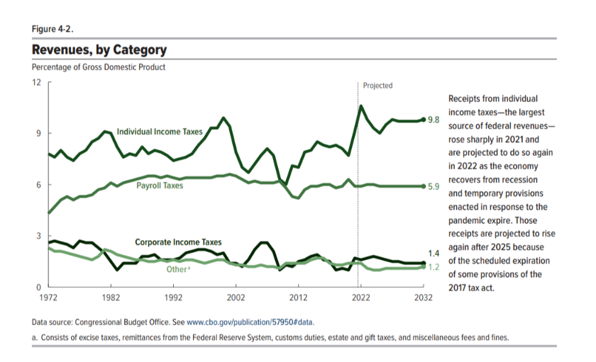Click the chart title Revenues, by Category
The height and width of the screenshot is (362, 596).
click(99, 50)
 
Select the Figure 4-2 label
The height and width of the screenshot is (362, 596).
click(53, 28)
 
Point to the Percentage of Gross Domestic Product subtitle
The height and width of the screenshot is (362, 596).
click(99, 67)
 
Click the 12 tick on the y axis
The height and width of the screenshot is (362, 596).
click(37, 82)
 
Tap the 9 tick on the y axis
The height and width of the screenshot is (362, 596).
click(38, 134)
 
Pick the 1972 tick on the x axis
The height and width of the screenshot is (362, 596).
click(48, 298)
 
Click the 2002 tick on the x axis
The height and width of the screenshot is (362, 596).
click(236, 298)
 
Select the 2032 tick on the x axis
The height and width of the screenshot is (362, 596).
click(424, 298)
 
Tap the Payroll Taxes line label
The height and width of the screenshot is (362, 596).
click(160, 186)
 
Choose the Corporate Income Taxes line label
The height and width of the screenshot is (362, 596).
click(178, 242)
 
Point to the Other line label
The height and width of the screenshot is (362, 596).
click(177, 269)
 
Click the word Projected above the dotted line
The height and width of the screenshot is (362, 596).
click(377, 86)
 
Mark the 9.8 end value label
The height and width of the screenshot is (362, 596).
click(434, 120)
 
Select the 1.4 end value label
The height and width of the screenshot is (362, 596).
click(434, 253)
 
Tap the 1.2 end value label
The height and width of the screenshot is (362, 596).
click(434, 267)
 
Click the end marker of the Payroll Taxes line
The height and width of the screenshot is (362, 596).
click(424, 186)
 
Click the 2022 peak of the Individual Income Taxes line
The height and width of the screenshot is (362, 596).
click(361, 106)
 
